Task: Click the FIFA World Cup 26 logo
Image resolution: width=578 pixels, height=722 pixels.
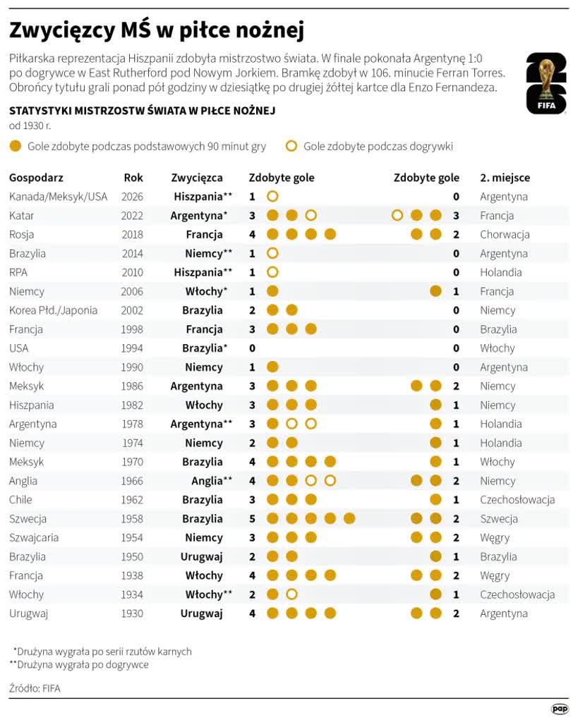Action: (x=546, y=83)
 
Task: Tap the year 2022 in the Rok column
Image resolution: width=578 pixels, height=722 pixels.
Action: (x=132, y=216)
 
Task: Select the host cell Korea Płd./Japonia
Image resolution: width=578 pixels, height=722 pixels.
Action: (x=53, y=310)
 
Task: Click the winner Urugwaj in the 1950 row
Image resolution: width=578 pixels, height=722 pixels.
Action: (x=201, y=557)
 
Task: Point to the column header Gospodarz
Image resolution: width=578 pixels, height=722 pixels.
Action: (x=36, y=178)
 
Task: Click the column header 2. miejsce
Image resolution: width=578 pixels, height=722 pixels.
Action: (x=505, y=178)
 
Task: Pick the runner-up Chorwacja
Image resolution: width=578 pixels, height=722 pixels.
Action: (x=505, y=234)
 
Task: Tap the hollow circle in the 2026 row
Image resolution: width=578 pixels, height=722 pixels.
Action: (x=272, y=197)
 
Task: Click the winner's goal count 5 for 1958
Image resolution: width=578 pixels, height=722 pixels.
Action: (x=252, y=519)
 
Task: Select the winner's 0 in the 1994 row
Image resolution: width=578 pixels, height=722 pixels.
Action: (x=252, y=348)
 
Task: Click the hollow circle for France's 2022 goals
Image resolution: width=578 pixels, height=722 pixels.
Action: (x=397, y=216)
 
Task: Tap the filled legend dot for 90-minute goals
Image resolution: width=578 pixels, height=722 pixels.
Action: (x=16, y=147)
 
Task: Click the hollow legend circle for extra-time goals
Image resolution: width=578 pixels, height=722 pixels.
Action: (x=291, y=147)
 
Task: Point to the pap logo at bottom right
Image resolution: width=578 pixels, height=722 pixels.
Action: (x=560, y=709)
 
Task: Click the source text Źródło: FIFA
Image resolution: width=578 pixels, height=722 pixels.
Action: (x=35, y=688)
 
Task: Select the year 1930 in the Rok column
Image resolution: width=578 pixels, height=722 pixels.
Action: (x=132, y=613)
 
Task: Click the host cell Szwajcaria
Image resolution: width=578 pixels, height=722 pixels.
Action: (x=34, y=538)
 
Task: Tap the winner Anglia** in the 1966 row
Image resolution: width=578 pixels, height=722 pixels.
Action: (x=212, y=481)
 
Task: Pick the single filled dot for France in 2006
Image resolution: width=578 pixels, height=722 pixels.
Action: (x=435, y=291)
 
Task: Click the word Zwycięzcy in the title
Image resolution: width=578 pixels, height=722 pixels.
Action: (x=62, y=31)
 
